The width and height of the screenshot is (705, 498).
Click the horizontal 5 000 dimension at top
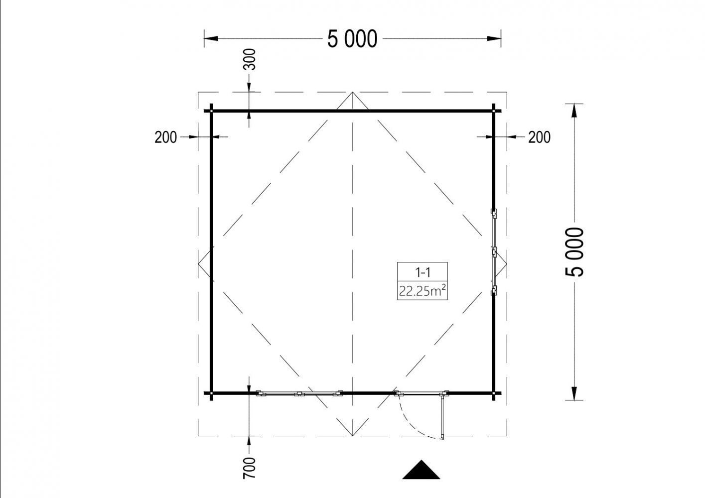click(352, 39)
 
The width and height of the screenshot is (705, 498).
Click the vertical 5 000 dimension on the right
click(574, 251)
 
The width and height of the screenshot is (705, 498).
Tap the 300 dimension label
click(250, 59)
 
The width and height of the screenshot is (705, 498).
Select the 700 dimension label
click(250, 468)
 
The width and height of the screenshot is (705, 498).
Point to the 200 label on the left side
click(165, 137)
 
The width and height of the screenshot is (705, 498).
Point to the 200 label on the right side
click(539, 137)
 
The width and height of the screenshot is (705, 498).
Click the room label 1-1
click(423, 272)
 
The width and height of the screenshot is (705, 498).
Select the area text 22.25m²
click(423, 291)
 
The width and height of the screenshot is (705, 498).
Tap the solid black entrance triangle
click(421, 470)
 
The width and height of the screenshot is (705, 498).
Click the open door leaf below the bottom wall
click(443, 416)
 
